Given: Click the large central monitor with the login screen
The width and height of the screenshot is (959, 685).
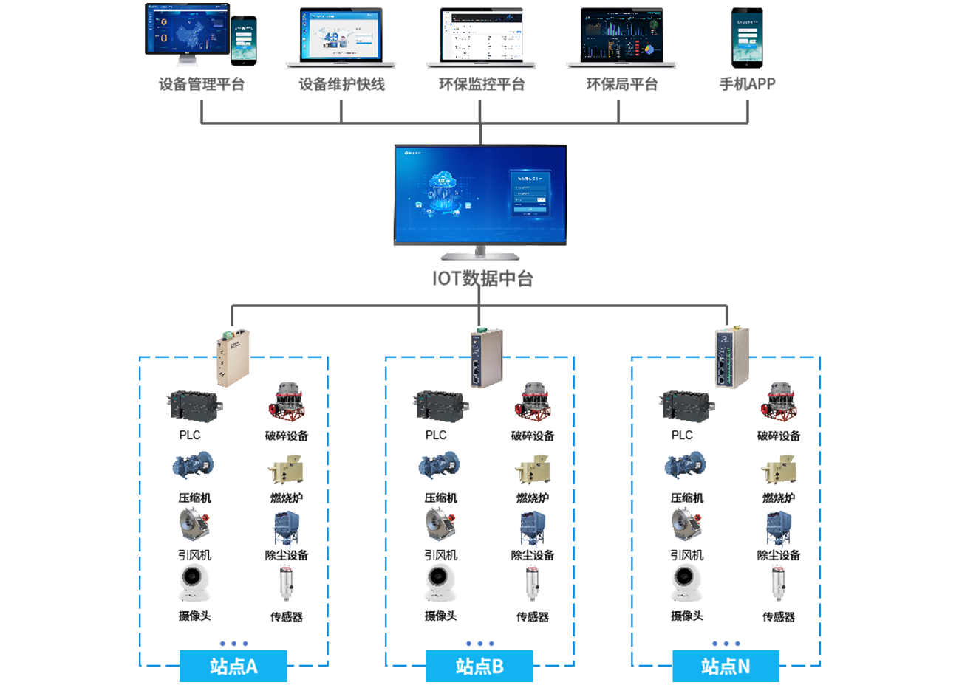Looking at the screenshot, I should pos(480,193).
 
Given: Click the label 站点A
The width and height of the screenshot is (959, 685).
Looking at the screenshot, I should pos(233,667).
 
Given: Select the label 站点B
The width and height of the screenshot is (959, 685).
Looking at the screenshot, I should pos(479,667).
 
